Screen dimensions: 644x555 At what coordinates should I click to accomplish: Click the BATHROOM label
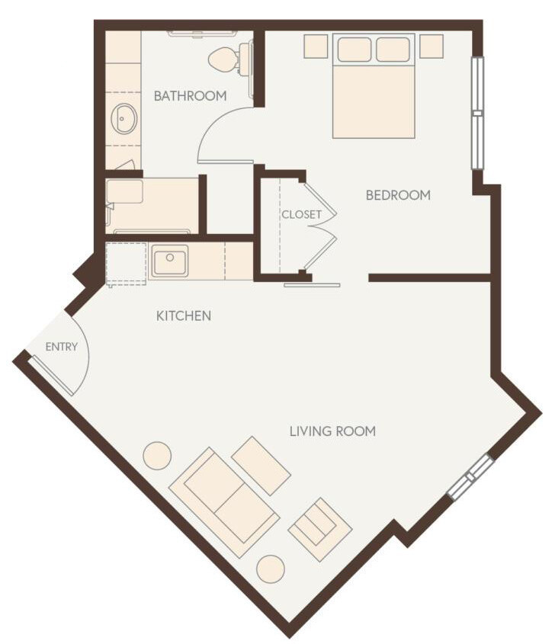(x=190, y=96)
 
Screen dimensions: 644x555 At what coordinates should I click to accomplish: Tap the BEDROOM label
(x=398, y=195)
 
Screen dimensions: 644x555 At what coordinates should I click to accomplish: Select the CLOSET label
(x=301, y=214)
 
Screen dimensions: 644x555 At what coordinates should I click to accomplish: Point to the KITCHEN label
(x=184, y=316)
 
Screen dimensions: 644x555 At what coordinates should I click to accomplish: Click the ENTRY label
(x=62, y=347)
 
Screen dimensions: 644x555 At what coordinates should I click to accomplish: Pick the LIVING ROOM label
(x=332, y=431)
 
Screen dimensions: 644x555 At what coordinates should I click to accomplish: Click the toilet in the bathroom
(x=225, y=59)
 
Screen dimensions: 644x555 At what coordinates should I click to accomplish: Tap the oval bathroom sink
(x=124, y=119)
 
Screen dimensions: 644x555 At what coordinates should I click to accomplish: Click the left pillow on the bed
(x=354, y=50)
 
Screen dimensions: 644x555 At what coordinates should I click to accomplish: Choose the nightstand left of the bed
(x=316, y=46)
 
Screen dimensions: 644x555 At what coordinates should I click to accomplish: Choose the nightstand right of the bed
(x=431, y=46)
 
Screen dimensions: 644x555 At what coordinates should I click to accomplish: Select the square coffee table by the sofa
(x=261, y=466)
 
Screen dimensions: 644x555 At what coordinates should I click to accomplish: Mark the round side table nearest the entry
(x=157, y=455)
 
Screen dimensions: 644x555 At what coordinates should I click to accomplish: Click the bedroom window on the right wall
(x=477, y=113)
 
